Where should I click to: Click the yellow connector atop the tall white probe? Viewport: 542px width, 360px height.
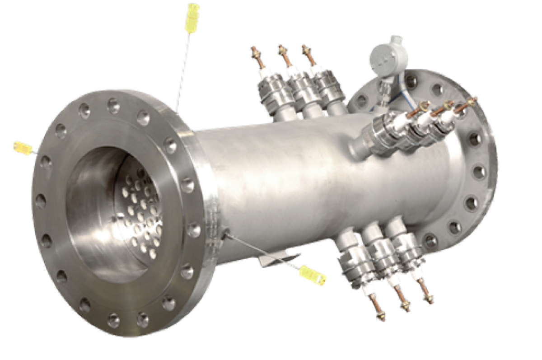[193, 11]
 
